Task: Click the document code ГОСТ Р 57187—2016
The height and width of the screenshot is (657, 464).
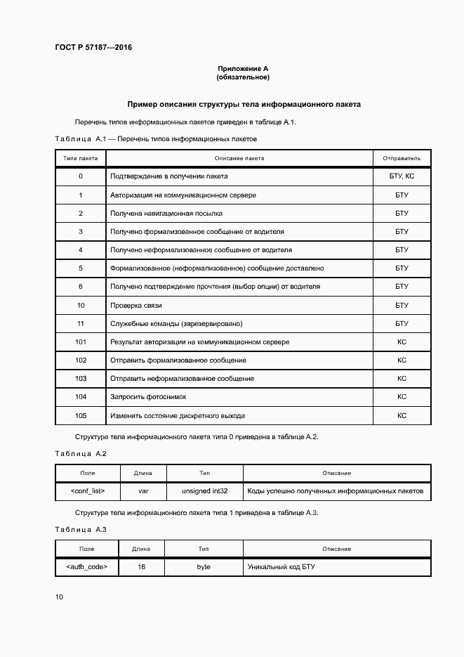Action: tap(93, 48)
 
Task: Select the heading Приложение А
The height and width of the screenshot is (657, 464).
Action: tap(243, 68)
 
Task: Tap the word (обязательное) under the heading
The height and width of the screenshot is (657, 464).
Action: tap(243, 77)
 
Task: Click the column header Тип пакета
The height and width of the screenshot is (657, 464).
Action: tap(81, 158)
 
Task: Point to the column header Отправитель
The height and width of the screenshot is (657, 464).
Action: tap(402, 158)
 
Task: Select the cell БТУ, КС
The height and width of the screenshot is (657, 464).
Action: tap(402, 176)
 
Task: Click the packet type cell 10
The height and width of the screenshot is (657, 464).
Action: tap(81, 305)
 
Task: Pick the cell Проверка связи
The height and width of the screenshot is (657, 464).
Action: tap(136, 305)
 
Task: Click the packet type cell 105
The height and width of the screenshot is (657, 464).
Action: tap(81, 415)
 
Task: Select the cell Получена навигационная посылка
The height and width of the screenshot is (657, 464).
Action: tap(166, 213)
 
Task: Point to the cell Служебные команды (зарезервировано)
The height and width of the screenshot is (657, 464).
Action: tap(176, 323)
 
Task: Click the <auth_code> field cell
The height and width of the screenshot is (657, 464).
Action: tap(87, 566)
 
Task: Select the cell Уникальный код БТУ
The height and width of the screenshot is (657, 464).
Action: tap(281, 566)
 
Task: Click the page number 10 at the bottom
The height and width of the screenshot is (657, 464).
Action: tap(59, 597)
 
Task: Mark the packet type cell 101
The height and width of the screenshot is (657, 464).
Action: tap(81, 341)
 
